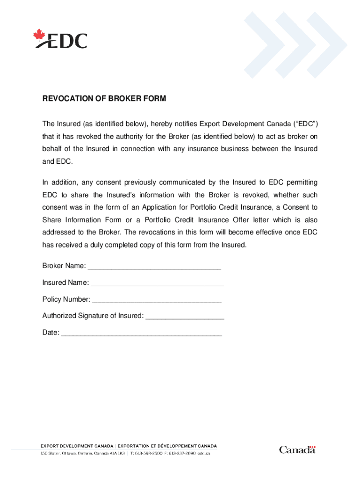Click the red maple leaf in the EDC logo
click(38, 35)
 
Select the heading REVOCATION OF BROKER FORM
click(104, 99)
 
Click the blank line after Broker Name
click(154, 266)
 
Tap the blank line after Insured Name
click(157, 283)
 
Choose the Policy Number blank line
click(157, 299)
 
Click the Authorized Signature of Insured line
click(185, 316)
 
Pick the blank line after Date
click(141, 333)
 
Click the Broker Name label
click(64, 266)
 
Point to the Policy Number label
click(66, 299)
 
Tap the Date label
click(50, 333)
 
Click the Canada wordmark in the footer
click(297, 450)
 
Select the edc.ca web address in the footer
click(204, 454)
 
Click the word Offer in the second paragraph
click(240, 220)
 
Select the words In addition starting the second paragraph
click(58, 182)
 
